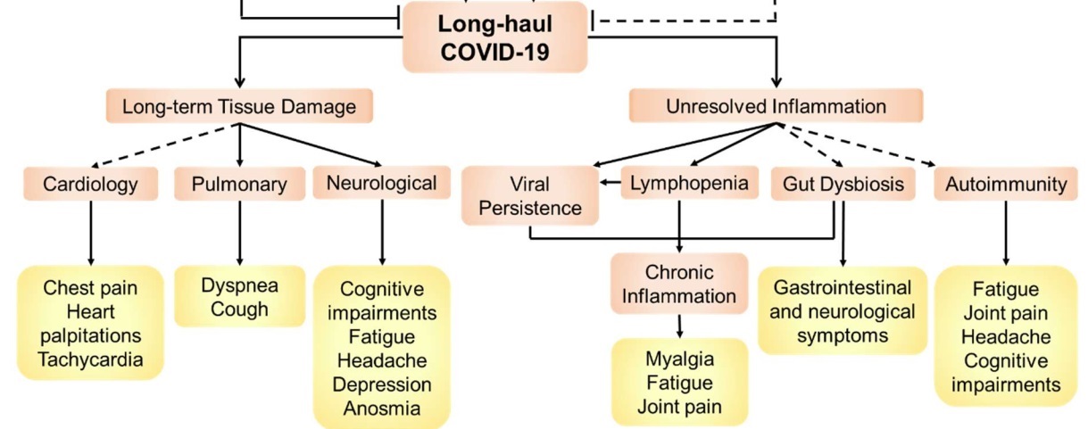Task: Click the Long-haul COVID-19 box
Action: (x=495, y=37)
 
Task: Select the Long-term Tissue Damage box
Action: (x=239, y=107)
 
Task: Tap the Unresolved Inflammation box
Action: (x=776, y=107)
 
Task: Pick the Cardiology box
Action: (x=91, y=185)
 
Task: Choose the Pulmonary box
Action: (x=239, y=185)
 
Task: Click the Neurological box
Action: (x=382, y=184)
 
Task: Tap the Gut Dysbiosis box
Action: (x=843, y=185)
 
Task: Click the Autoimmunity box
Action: (x=1006, y=185)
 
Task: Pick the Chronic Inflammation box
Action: (x=679, y=283)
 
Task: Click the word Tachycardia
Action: (x=91, y=359)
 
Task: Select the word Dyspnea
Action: (x=239, y=286)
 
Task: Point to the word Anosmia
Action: (x=382, y=409)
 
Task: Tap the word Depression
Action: (x=382, y=385)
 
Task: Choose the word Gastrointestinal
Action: (x=843, y=288)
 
